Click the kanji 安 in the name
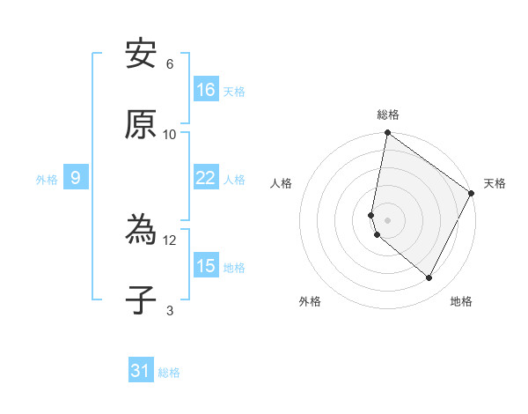pyautogui.click(x=141, y=55)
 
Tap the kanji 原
pyautogui.click(x=141, y=125)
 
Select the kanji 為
pyautogui.click(x=141, y=232)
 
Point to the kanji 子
pyautogui.click(x=141, y=300)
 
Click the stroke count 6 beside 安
pyautogui.click(x=170, y=64)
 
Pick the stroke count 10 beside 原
pyautogui.click(x=170, y=134)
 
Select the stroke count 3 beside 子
pyautogui.click(x=170, y=310)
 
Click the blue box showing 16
pyautogui.click(x=206, y=90)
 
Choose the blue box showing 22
pyautogui.click(x=206, y=178)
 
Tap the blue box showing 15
pyautogui.click(x=206, y=266)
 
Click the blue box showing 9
pyautogui.click(x=76, y=178)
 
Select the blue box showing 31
pyautogui.click(x=141, y=372)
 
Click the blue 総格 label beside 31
pyautogui.click(x=169, y=373)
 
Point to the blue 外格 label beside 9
pyautogui.click(x=47, y=179)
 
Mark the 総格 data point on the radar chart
pyautogui.click(x=387, y=134)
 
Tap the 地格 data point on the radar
pyautogui.click(x=429, y=278)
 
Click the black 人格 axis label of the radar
pyautogui.click(x=281, y=183)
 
